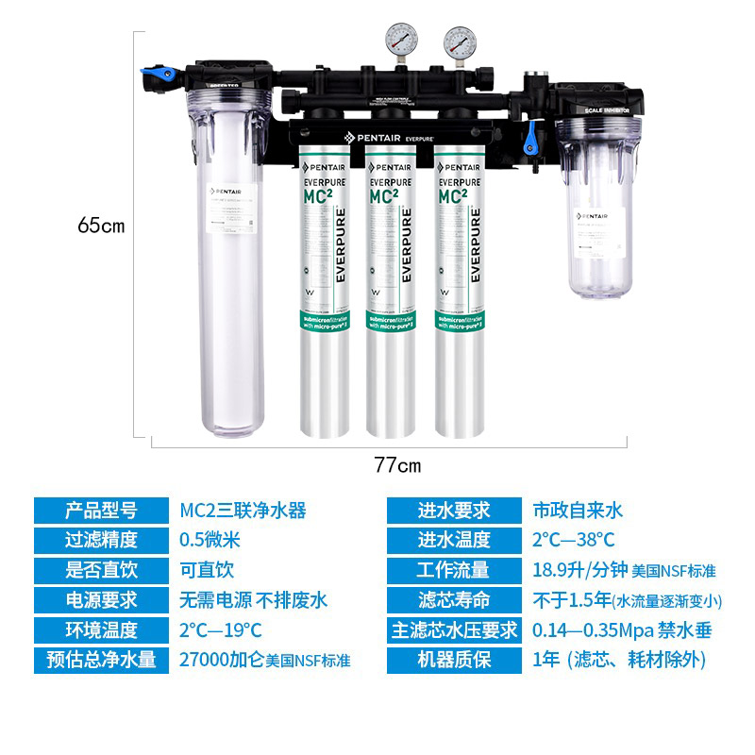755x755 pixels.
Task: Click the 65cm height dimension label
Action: point(101,226)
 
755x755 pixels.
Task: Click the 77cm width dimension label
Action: point(397,465)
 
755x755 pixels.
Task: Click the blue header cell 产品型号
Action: point(101,512)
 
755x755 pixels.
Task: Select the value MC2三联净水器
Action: point(243,512)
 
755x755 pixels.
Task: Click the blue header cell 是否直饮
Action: point(101,570)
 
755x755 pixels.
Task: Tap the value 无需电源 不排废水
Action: point(254,599)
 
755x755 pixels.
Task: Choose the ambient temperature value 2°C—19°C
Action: point(221,629)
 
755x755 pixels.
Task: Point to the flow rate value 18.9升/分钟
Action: point(572,570)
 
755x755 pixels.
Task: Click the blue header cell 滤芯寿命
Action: point(455,599)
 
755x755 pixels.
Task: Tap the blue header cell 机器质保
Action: point(455,660)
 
